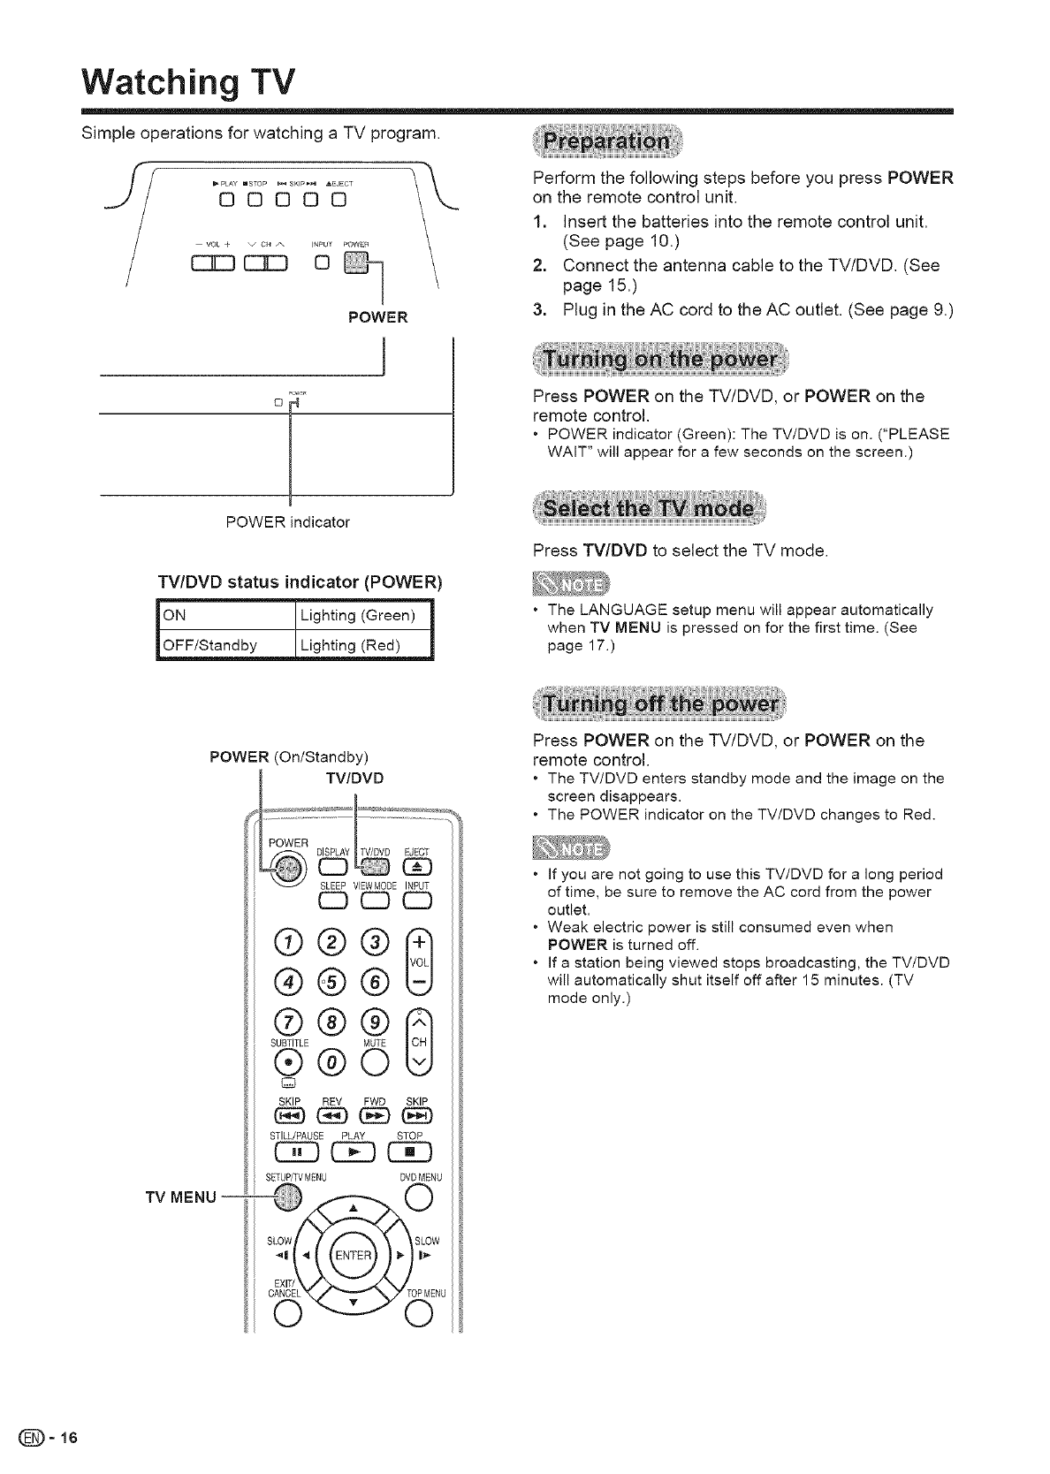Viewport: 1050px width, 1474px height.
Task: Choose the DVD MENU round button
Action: pos(415,1197)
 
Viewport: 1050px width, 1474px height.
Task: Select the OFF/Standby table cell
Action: pos(224,644)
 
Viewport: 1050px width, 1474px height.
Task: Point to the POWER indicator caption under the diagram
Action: pos(288,522)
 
